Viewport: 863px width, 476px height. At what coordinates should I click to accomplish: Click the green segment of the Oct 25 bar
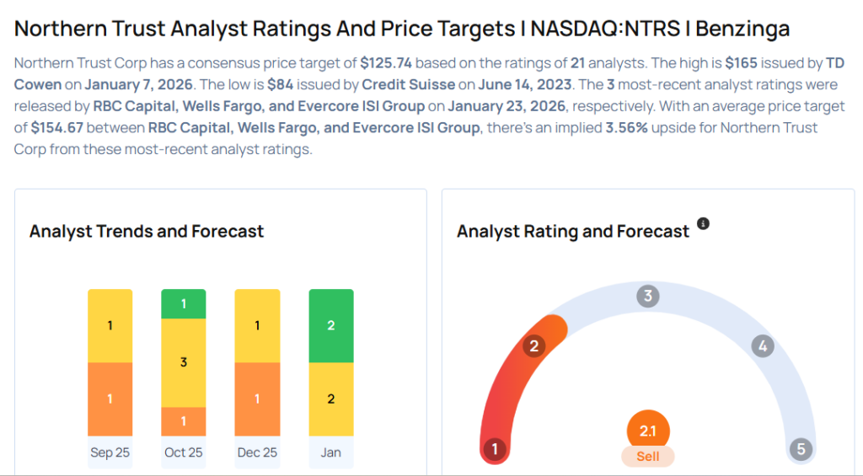coord(184,304)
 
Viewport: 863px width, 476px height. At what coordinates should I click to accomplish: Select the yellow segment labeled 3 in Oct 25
coord(184,362)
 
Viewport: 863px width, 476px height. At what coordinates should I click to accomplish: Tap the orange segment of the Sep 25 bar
coord(110,398)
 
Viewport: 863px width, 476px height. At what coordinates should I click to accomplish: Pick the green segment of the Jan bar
coord(331,326)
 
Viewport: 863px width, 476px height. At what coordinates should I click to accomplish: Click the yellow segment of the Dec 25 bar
coord(257,326)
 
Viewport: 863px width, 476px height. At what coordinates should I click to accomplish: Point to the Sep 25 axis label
coord(110,452)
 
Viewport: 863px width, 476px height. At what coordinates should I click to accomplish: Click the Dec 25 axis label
coord(257,452)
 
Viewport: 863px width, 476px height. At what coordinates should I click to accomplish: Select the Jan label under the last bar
coord(331,452)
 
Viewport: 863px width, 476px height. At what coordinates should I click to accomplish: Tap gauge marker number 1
coord(495,449)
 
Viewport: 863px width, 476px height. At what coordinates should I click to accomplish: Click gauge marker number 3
coord(647,296)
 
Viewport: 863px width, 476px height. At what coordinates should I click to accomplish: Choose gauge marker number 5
coord(801,449)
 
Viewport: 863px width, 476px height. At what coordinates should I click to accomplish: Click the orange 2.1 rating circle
coord(647,431)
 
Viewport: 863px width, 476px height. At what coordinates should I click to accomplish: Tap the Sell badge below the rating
coord(647,456)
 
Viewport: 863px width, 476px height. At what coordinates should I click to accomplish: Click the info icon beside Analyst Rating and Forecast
coord(703,224)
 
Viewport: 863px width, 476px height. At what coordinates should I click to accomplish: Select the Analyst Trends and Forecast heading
coord(147,231)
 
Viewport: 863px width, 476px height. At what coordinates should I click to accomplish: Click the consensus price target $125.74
coord(386,63)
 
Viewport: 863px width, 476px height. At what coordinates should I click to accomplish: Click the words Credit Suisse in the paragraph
coord(399,85)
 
